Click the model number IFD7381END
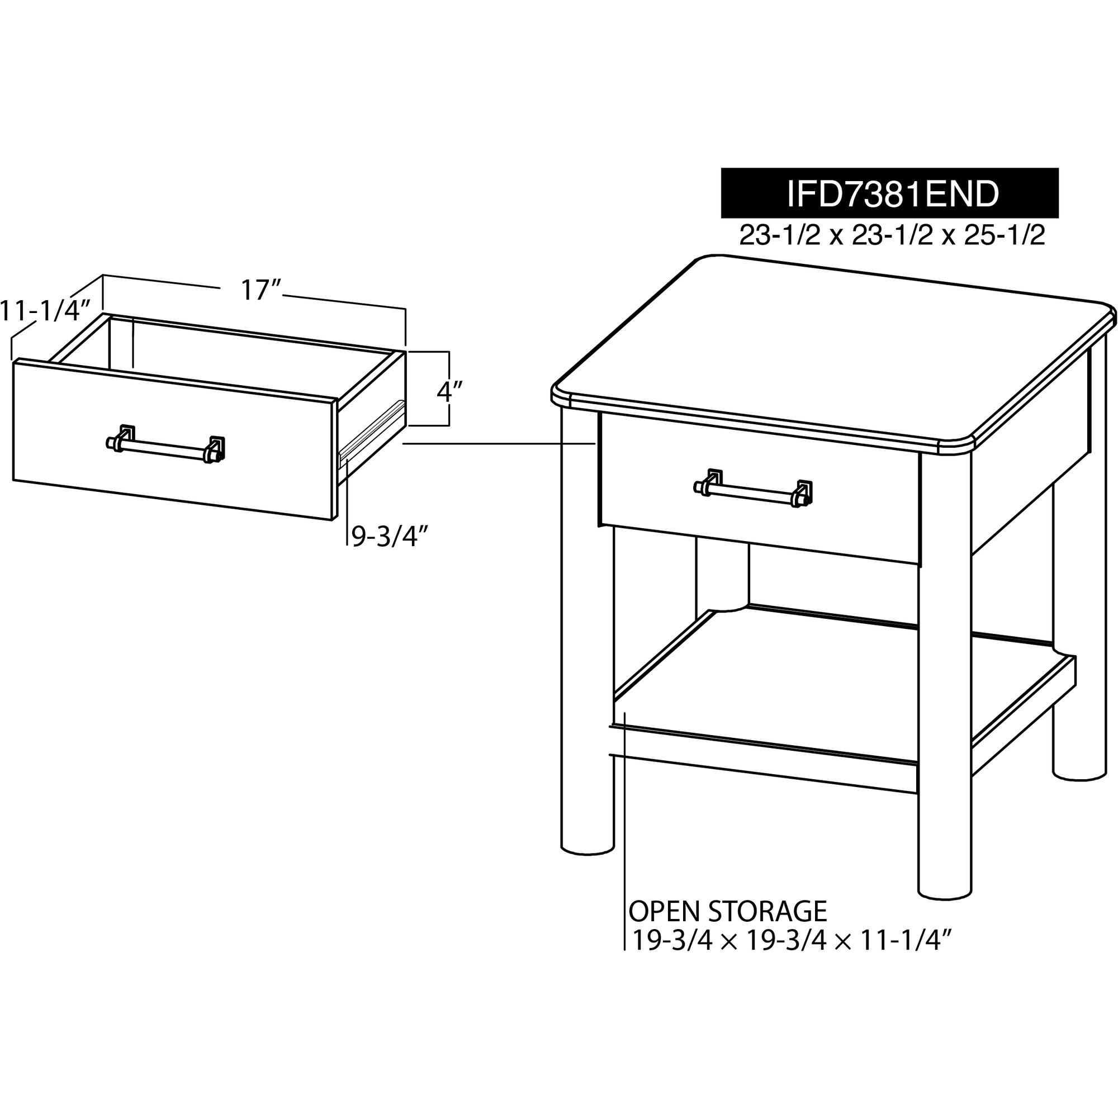(x=892, y=194)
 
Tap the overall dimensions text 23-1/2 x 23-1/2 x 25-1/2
(x=892, y=235)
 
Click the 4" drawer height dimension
(x=449, y=391)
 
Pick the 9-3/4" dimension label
(x=390, y=537)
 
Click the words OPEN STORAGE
(x=728, y=912)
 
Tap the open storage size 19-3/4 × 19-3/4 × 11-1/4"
(x=790, y=941)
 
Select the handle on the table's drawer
(x=753, y=489)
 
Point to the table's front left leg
(x=588, y=631)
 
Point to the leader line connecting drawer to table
(x=499, y=443)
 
